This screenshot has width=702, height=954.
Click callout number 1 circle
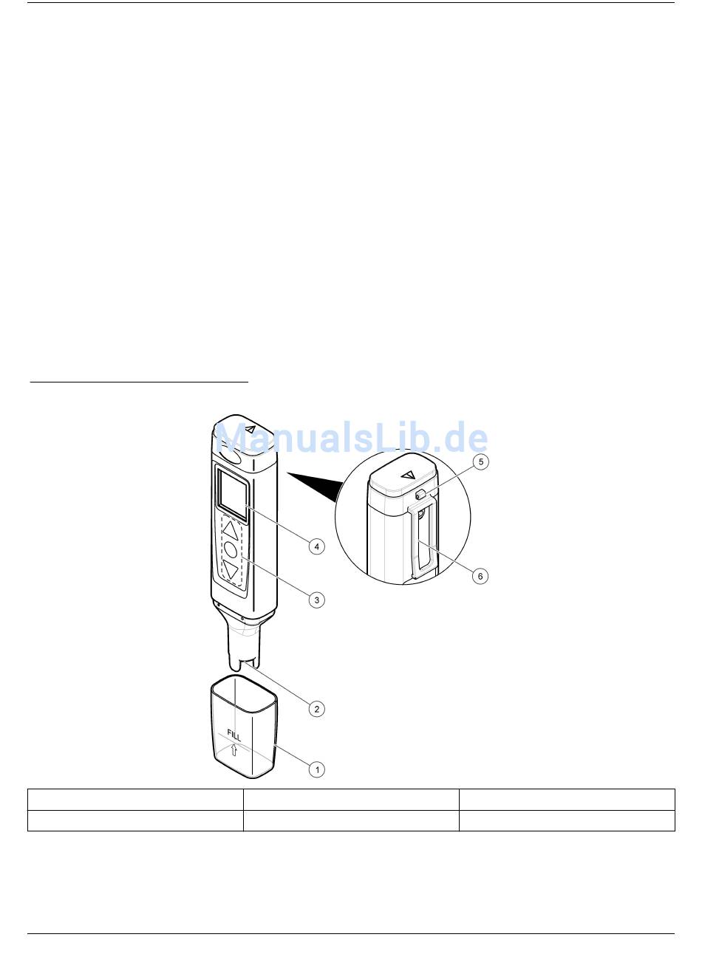(316, 769)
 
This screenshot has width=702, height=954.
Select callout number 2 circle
(316, 709)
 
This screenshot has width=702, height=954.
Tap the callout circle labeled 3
(316, 600)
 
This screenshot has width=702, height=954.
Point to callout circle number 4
(316, 546)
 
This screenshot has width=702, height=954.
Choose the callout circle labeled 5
(481, 462)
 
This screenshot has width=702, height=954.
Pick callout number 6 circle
(480, 576)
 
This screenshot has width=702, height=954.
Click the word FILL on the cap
(234, 735)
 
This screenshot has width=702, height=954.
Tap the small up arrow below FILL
(234, 750)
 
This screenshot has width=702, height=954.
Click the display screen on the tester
(233, 495)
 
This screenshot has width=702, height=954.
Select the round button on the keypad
(231, 551)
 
